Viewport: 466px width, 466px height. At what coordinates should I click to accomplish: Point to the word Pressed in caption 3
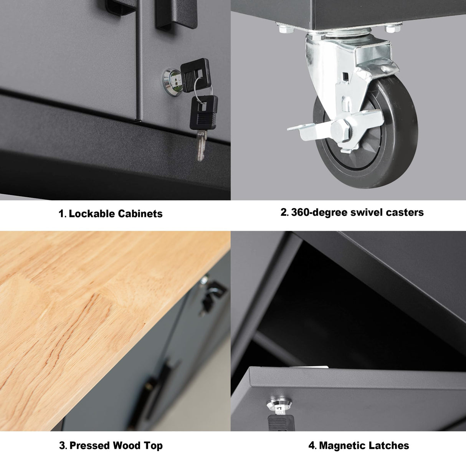91,445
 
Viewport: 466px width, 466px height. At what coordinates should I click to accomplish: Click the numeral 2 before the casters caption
284,212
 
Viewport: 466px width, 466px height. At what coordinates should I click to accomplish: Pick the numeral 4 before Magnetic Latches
312,445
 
